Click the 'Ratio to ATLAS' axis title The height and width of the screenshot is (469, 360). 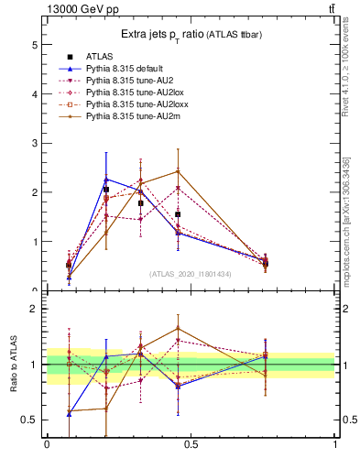[13, 365]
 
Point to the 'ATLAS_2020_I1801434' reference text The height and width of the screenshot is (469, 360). [190, 274]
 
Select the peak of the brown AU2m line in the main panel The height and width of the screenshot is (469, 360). [177, 171]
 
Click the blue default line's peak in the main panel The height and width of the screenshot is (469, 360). [106, 179]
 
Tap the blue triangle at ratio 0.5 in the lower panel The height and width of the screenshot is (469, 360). [69, 414]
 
